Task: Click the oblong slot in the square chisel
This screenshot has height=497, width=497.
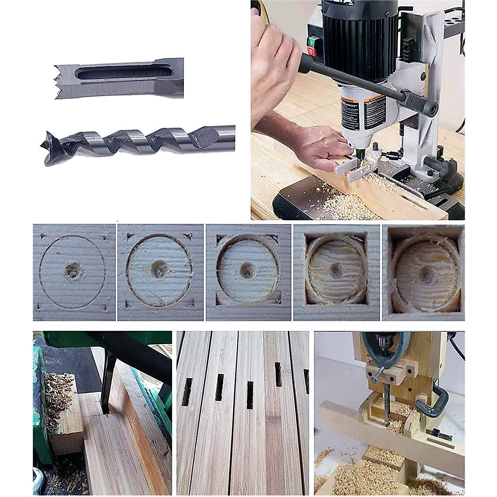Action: [120, 73]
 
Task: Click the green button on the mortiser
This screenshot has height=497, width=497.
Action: [312, 41]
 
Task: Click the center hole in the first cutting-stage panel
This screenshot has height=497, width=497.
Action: [73, 271]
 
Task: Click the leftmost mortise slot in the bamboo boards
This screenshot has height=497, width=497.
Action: [187, 391]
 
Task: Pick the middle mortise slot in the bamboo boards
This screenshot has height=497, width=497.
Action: [250, 395]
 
